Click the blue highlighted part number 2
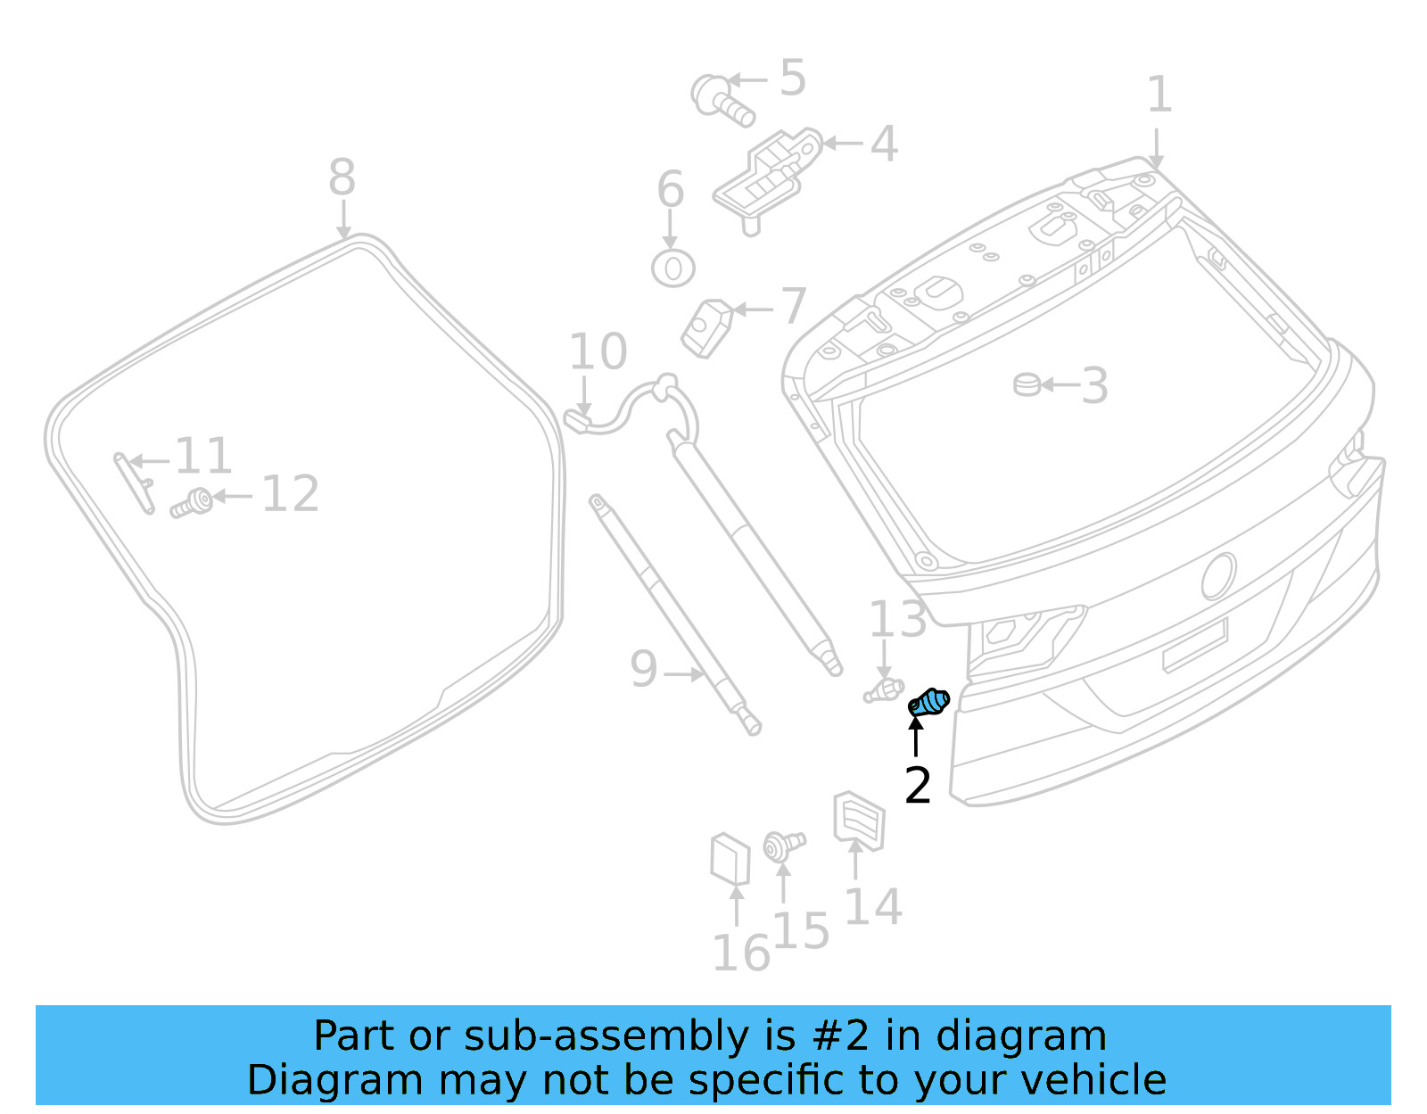[x=929, y=703]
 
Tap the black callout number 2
[x=917, y=786]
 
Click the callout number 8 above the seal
[x=342, y=177]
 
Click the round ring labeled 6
[x=673, y=268]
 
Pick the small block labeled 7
[x=706, y=327]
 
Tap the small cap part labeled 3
[x=1027, y=384]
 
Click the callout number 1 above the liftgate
[x=1159, y=95]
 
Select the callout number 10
[x=598, y=351]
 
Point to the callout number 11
[x=203, y=457]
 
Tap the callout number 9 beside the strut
[x=643, y=669]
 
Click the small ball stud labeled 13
[x=883, y=689]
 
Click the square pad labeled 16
[x=730, y=859]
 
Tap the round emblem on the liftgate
[x=1218, y=575]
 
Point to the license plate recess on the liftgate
[x=1195, y=645]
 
